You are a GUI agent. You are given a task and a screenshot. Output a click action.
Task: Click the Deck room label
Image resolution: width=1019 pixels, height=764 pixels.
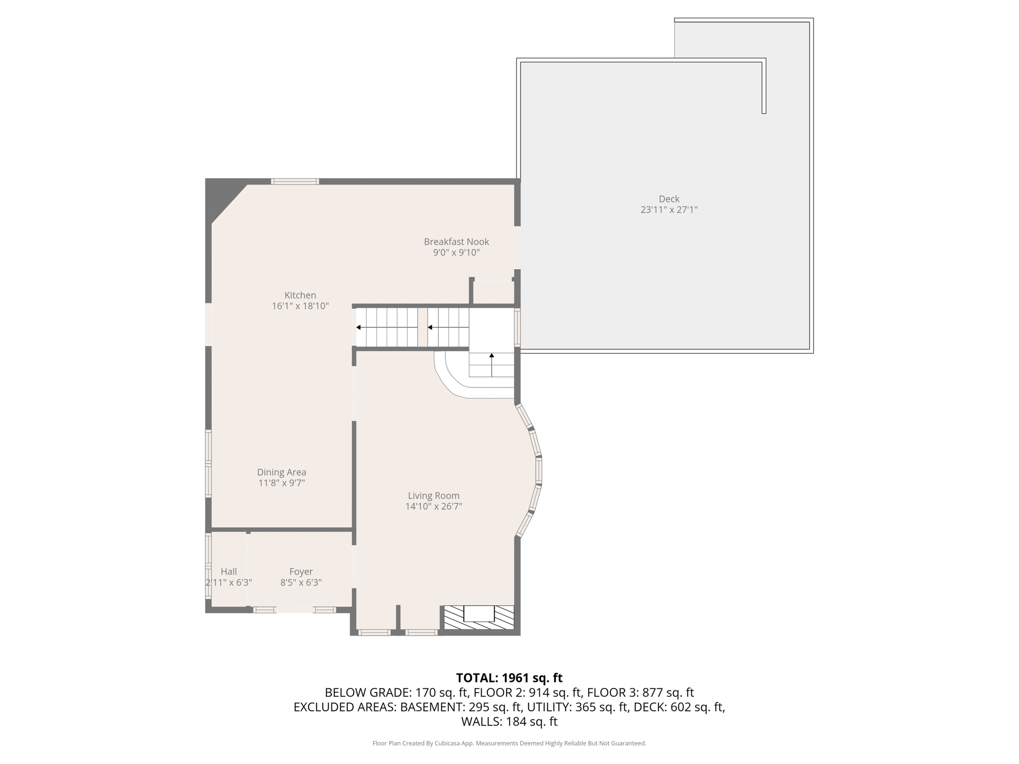pyautogui.click(x=669, y=199)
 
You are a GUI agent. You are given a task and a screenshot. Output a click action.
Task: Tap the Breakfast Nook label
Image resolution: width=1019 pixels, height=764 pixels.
pyautogui.click(x=456, y=242)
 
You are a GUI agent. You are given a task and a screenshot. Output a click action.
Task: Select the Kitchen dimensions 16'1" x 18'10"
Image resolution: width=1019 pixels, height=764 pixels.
pyautogui.click(x=300, y=306)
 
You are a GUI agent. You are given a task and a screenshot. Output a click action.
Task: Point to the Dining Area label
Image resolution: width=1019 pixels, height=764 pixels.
pyautogui.click(x=282, y=473)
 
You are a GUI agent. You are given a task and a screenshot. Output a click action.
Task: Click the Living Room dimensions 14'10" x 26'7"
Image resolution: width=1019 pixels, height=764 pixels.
pyautogui.click(x=434, y=506)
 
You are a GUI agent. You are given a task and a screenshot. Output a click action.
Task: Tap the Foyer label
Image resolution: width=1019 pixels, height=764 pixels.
pyautogui.click(x=301, y=572)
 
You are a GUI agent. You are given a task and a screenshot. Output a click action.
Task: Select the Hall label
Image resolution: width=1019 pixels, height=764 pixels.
pyautogui.click(x=229, y=572)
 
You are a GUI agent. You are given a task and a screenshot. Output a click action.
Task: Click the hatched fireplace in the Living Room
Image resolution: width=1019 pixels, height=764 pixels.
pyautogui.click(x=479, y=617)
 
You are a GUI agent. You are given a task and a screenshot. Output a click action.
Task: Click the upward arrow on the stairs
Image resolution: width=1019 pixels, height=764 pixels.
pyautogui.click(x=492, y=365)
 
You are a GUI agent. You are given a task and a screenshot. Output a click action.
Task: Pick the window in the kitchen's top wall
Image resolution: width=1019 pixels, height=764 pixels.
pyautogui.click(x=295, y=182)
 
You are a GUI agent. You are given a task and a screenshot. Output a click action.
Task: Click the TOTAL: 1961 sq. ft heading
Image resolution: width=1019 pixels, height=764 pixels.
pyautogui.click(x=509, y=678)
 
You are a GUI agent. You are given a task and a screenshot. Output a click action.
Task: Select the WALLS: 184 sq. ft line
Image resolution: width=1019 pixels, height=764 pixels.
pyautogui.click(x=509, y=722)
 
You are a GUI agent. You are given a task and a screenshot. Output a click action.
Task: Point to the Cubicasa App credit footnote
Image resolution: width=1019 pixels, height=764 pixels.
pyautogui.click(x=509, y=744)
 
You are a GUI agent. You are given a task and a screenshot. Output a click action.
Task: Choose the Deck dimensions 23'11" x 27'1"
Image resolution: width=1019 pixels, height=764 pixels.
pyautogui.click(x=669, y=210)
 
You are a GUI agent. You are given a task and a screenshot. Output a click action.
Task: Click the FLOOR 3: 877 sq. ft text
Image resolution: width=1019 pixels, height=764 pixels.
pyautogui.click(x=640, y=692)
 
